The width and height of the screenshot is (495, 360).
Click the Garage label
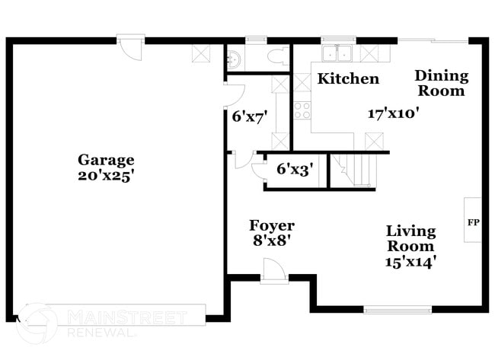pyautogui.click(x=106, y=160)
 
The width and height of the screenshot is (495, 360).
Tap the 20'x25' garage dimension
pyautogui.click(x=106, y=174)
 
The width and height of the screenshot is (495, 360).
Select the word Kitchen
pyautogui.click(x=348, y=78)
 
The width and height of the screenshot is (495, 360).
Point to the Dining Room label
pyautogui.click(x=441, y=83)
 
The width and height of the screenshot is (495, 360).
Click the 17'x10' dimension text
pyautogui.click(x=394, y=113)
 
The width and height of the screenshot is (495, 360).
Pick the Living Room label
pyautogui.click(x=410, y=238)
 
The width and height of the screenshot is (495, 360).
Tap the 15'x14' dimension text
pyautogui.click(x=410, y=261)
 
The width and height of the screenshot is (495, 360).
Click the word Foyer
pyautogui.click(x=272, y=226)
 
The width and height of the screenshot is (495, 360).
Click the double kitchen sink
pyautogui.click(x=335, y=53)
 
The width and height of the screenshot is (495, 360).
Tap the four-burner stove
pyautogui.click(x=302, y=110)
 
